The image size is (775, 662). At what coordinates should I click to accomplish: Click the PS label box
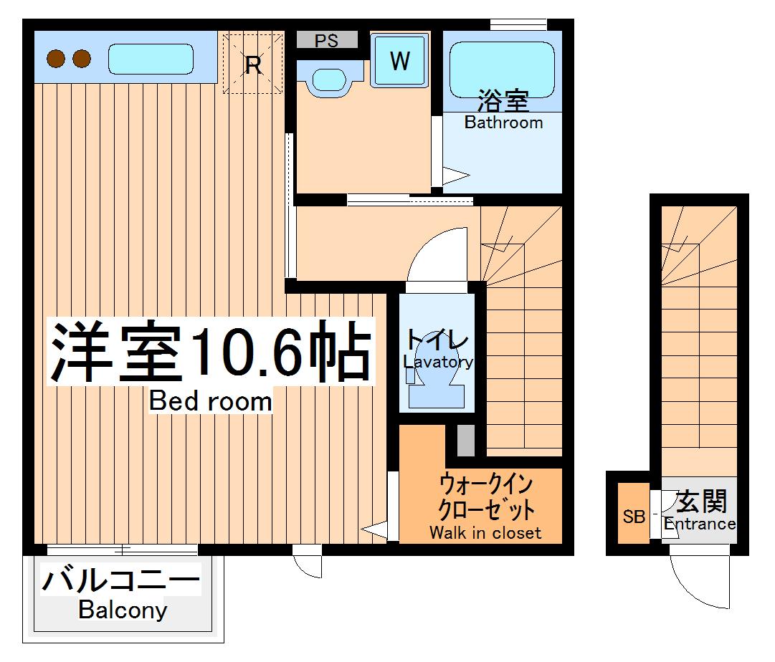[327, 41]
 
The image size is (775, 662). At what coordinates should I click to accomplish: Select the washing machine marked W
[399, 62]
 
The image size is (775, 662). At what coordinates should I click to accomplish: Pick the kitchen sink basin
[151, 59]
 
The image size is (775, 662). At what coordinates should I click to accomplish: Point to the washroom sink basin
[328, 78]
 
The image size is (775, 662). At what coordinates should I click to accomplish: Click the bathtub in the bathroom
[502, 69]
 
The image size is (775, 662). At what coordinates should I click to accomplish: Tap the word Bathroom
[503, 123]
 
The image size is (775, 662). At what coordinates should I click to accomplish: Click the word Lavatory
[437, 362]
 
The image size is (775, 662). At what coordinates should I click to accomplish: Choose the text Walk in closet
[485, 532]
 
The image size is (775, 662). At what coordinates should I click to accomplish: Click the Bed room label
[211, 401]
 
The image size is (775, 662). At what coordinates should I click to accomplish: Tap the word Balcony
[123, 610]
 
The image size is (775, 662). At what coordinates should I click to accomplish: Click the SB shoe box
[634, 517]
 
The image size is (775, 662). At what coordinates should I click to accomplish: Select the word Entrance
[699, 524]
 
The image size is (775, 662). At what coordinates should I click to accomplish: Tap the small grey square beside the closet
[465, 441]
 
